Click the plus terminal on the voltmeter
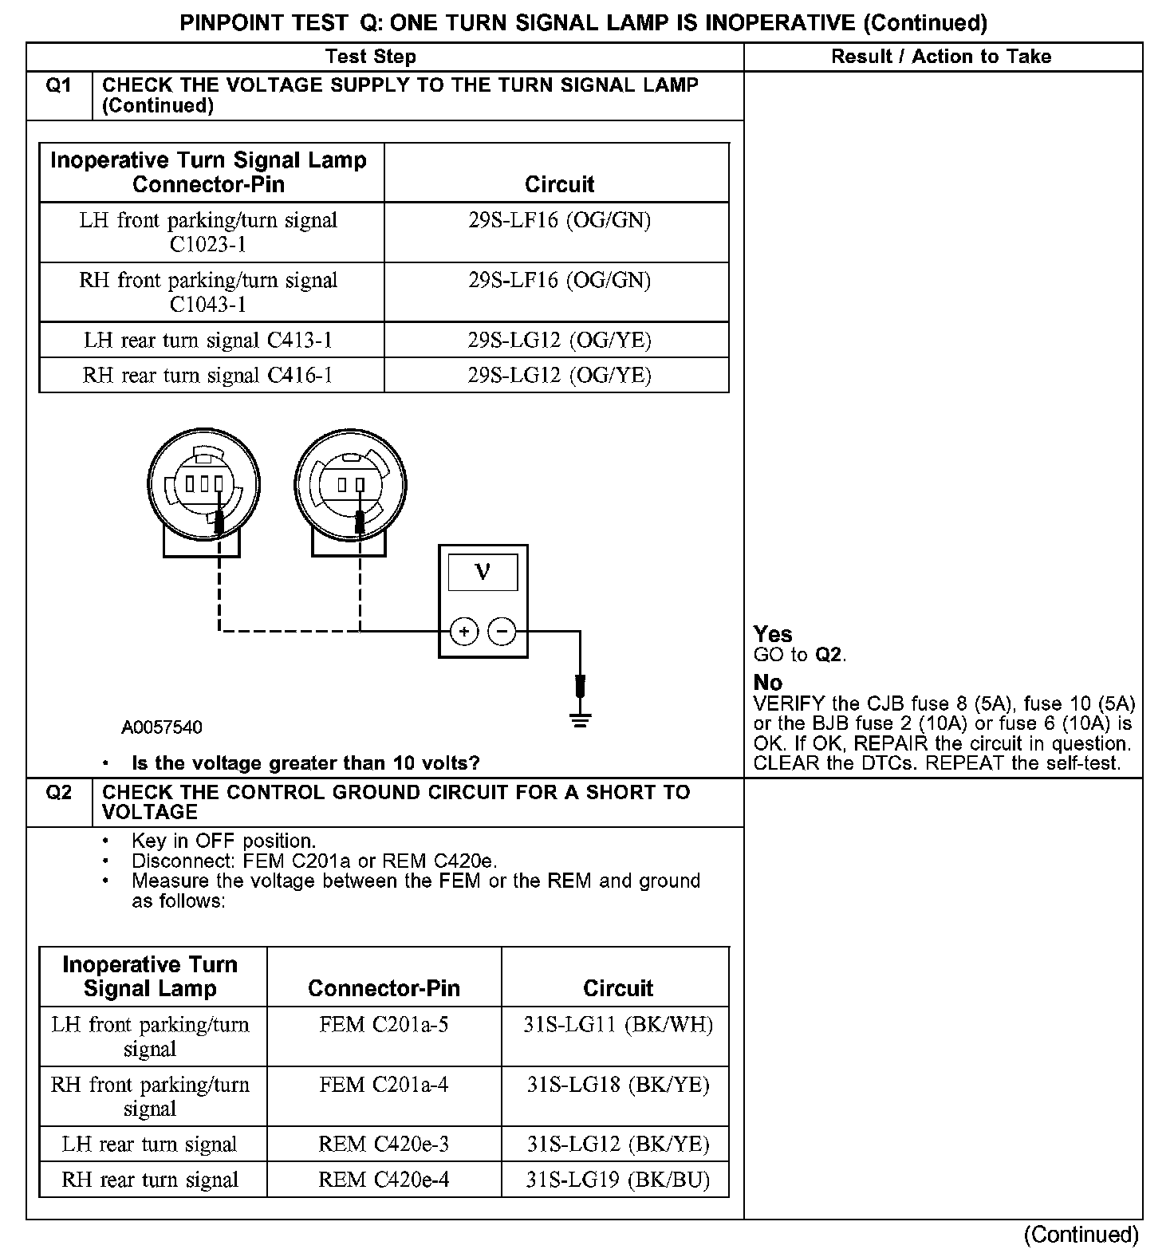click(464, 632)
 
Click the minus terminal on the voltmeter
click(502, 632)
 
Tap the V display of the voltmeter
click(483, 572)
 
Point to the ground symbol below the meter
click(580, 721)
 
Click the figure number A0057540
click(162, 727)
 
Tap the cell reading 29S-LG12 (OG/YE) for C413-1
click(559, 341)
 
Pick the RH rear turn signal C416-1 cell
click(207, 375)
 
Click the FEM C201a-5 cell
click(384, 1024)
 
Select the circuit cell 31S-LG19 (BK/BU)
click(617, 1180)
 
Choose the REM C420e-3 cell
click(384, 1145)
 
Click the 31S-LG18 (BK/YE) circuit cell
click(617, 1085)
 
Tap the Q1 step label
click(59, 85)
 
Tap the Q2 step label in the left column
click(59, 793)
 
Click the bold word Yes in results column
click(773, 634)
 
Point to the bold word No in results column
click(768, 683)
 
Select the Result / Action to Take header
click(941, 57)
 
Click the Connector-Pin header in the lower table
click(384, 988)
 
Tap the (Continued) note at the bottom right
click(1081, 1235)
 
